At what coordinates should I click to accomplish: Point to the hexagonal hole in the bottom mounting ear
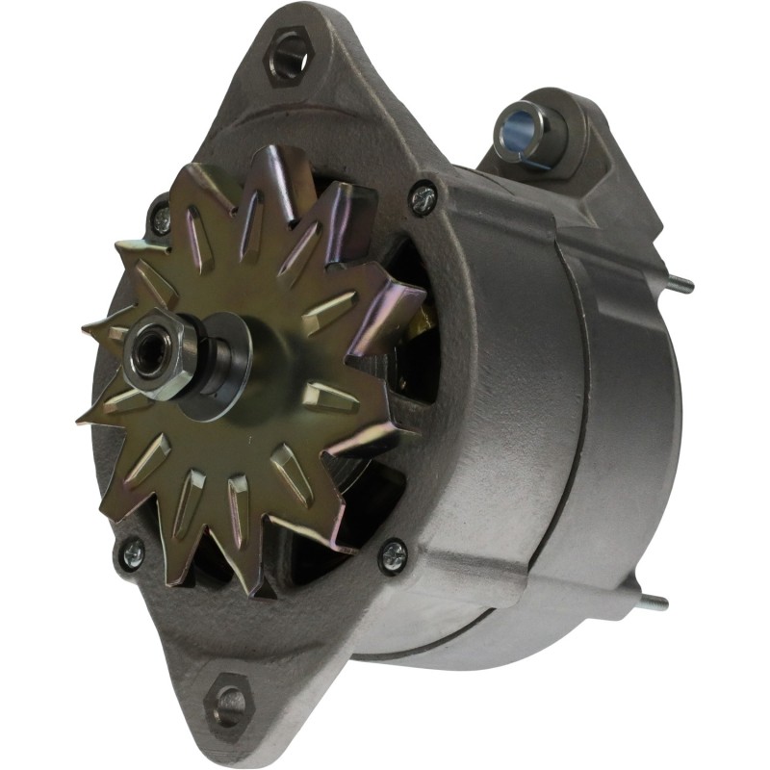228,705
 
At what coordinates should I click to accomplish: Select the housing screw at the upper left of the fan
160,213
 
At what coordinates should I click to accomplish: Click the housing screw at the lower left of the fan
131,552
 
